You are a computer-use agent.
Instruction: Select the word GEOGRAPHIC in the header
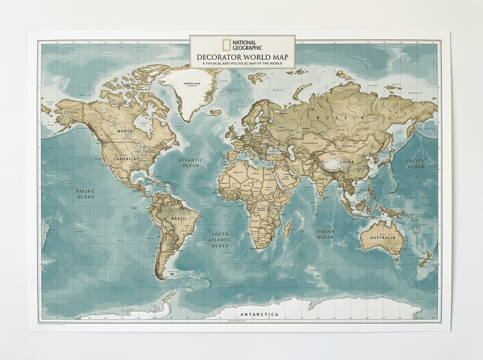247,48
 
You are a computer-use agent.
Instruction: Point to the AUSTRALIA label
383,237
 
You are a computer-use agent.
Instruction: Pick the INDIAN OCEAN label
325,234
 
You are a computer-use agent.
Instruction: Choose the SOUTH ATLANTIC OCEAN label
220,240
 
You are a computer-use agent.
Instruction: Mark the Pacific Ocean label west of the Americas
85,194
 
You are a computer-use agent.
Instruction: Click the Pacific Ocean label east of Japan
416,164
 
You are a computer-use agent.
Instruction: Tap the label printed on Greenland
192,83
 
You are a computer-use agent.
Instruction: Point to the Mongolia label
352,146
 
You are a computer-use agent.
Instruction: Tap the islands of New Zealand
424,259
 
